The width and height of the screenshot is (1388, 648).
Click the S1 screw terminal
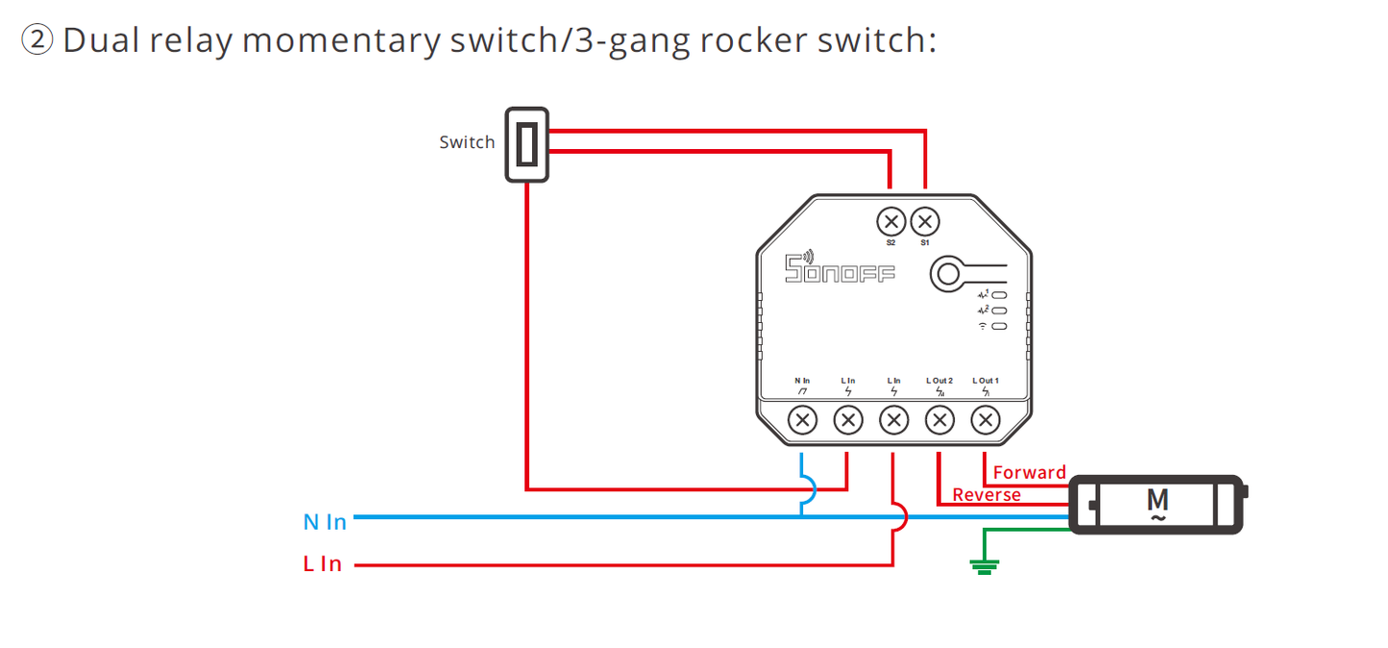click(x=924, y=222)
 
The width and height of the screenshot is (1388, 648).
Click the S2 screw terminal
click(x=890, y=222)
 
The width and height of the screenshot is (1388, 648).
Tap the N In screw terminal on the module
click(x=802, y=419)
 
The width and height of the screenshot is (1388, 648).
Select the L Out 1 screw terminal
click(x=986, y=419)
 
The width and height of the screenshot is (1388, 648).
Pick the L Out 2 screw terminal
click(x=939, y=419)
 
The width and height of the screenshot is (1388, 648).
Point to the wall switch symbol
click(x=526, y=144)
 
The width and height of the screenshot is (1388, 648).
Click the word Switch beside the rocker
click(x=467, y=142)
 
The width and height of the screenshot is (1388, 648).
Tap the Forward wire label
click(x=1029, y=472)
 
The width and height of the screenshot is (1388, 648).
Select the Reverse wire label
click(x=986, y=495)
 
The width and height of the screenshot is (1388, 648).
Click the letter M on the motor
click(x=1157, y=500)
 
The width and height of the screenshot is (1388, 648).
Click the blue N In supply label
click(x=325, y=522)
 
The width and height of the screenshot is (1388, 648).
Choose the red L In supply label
click(x=323, y=564)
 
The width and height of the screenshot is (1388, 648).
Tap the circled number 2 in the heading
click(x=37, y=40)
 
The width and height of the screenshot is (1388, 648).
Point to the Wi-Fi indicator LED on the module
click(x=999, y=327)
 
